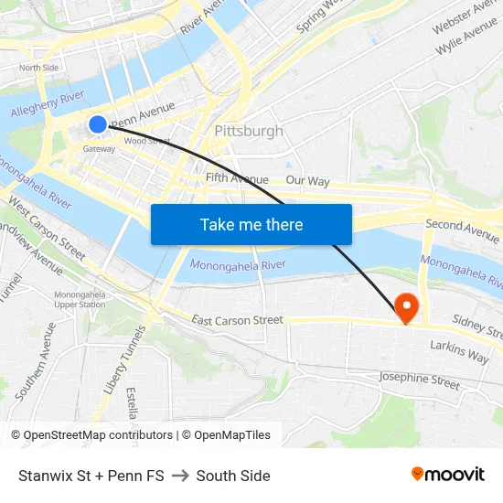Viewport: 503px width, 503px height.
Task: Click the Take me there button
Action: [251, 224]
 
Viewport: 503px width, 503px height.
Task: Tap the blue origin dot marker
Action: [98, 124]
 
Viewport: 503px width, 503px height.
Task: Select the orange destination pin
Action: [404, 307]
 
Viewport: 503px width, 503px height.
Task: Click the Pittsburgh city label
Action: [249, 131]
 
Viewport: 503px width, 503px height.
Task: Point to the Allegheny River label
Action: [47, 103]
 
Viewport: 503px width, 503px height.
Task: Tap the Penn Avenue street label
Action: [142, 114]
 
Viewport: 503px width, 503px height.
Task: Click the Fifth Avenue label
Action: [237, 178]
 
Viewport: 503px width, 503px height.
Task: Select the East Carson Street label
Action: [238, 320]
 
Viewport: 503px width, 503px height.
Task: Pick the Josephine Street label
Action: [420, 380]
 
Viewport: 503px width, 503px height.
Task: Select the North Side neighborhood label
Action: [38, 68]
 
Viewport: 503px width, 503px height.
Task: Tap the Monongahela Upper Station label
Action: [80, 299]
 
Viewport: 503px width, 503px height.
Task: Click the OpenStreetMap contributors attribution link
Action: [98, 435]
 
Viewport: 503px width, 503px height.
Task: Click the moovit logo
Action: [448, 475]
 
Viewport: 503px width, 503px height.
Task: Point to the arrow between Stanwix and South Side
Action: [180, 476]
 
